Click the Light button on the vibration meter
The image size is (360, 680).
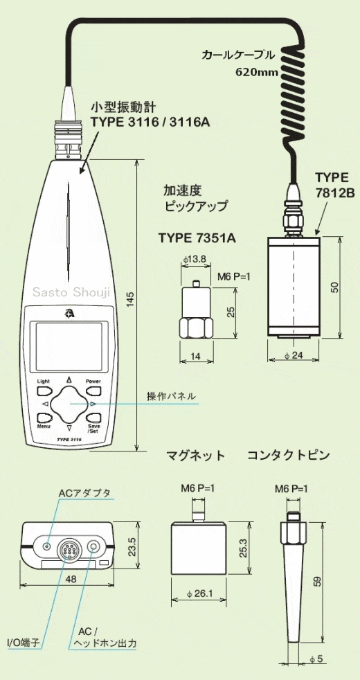click(x=44, y=391)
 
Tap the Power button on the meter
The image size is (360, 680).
click(x=93, y=391)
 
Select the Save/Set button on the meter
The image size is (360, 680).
click(x=93, y=418)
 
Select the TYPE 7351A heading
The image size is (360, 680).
click(x=197, y=238)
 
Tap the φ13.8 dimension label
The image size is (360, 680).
click(x=194, y=260)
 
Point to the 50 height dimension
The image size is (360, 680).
click(x=334, y=287)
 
